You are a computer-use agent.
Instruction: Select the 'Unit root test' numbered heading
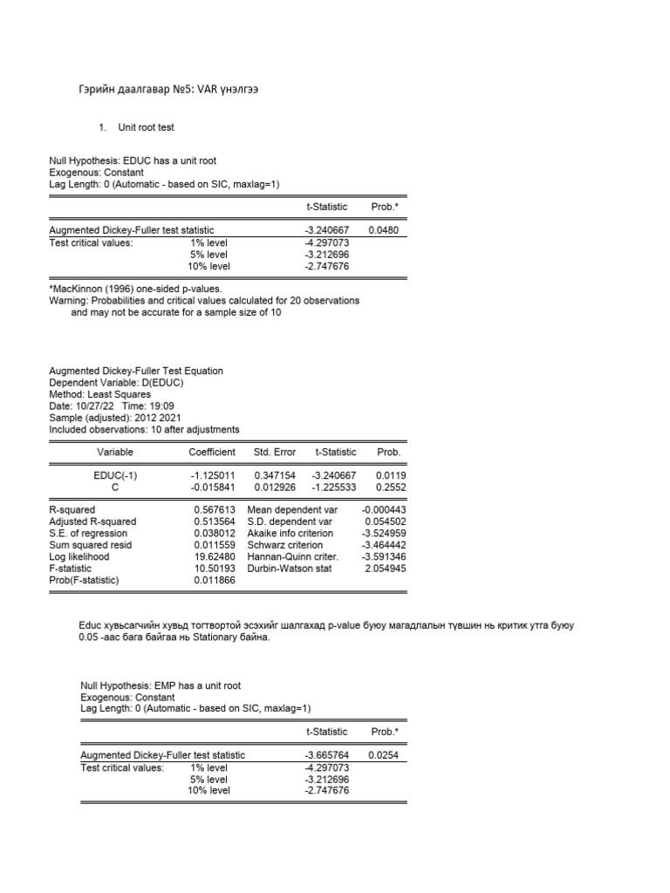click(146, 127)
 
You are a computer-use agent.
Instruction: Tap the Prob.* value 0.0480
click(383, 230)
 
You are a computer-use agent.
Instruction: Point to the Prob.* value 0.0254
click(383, 755)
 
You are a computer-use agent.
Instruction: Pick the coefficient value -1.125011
click(212, 476)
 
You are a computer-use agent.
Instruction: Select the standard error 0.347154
click(275, 476)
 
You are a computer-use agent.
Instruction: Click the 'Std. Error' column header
click(275, 452)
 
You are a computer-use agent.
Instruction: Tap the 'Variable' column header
click(115, 452)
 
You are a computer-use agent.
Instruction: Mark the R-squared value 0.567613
click(215, 509)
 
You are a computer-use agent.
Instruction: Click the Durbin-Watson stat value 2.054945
click(385, 568)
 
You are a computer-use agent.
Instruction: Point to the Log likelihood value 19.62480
click(215, 556)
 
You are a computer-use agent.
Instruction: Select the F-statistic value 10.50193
click(215, 568)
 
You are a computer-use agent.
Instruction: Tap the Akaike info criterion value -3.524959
click(383, 533)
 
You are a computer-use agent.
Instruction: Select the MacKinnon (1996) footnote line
click(135, 289)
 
